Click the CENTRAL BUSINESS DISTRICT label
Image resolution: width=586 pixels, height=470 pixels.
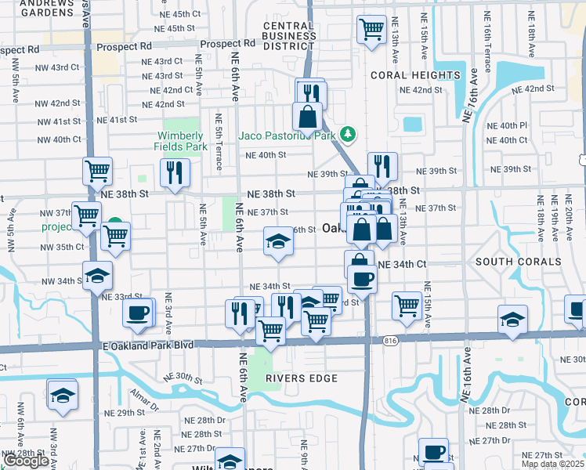pos(288,36)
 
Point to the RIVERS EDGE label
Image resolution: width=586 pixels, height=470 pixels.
pos(301,378)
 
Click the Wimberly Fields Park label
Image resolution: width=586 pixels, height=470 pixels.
pos(183,141)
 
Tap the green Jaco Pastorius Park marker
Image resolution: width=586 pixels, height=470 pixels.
pos(347,136)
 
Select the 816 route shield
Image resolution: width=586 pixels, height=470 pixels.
pos(391,341)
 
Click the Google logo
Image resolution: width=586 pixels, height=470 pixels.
pos(25,461)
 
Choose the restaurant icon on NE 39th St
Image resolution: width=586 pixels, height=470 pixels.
pos(382,165)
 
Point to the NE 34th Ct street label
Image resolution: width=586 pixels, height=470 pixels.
pos(402,265)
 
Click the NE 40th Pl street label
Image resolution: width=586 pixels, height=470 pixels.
pos(507,125)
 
